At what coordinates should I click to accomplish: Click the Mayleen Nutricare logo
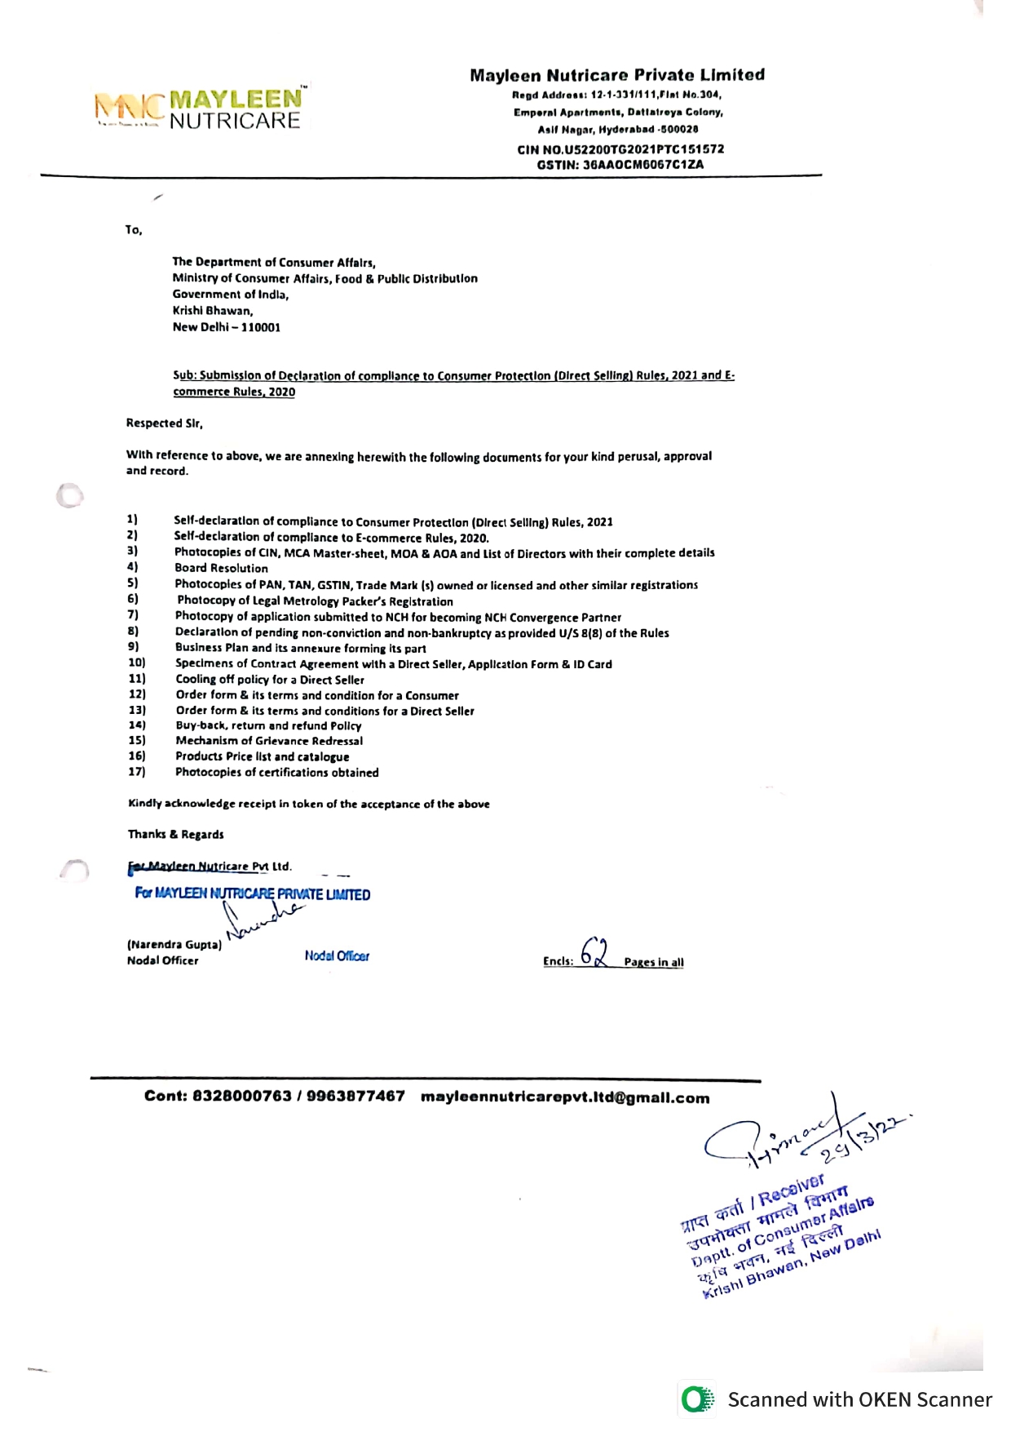(x=200, y=109)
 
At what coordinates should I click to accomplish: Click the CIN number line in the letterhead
(x=620, y=149)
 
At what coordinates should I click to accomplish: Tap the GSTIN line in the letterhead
(x=620, y=164)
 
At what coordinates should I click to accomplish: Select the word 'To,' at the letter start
(x=134, y=230)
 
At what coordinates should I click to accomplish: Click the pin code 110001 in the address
(x=261, y=327)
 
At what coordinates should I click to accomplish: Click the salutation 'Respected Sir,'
(x=164, y=423)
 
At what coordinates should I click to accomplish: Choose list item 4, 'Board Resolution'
(x=221, y=568)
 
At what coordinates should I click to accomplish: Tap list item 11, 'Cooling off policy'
(x=270, y=680)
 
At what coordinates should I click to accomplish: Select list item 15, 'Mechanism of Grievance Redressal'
(x=269, y=741)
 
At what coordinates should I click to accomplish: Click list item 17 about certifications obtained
(x=277, y=772)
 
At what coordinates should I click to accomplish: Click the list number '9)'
(x=134, y=647)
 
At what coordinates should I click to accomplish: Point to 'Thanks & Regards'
(x=175, y=834)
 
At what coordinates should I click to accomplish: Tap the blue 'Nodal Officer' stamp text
(x=337, y=955)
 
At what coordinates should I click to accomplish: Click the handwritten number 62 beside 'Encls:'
(x=594, y=952)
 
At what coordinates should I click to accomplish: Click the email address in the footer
(x=565, y=1097)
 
